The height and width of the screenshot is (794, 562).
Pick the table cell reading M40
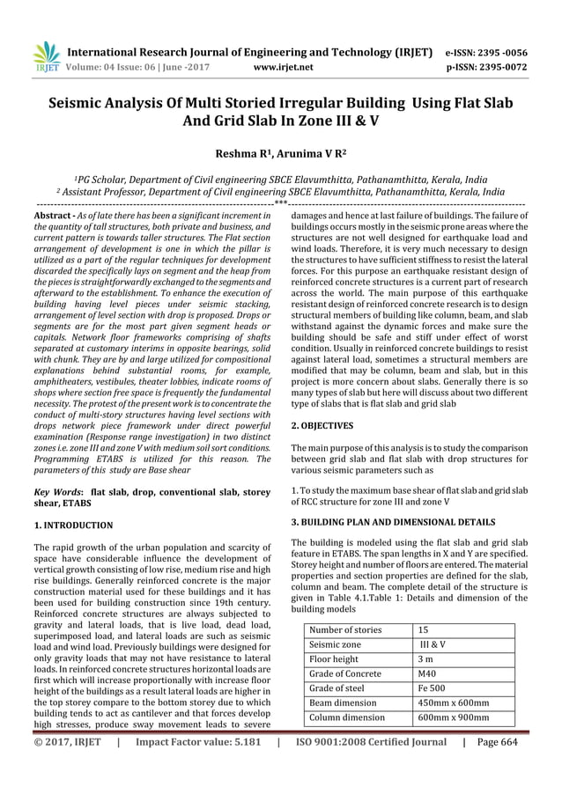pyautogui.click(x=429, y=673)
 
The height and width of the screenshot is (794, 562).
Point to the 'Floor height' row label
pyautogui.click(x=334, y=658)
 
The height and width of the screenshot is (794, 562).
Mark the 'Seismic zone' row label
pyautogui.click(x=336, y=643)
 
